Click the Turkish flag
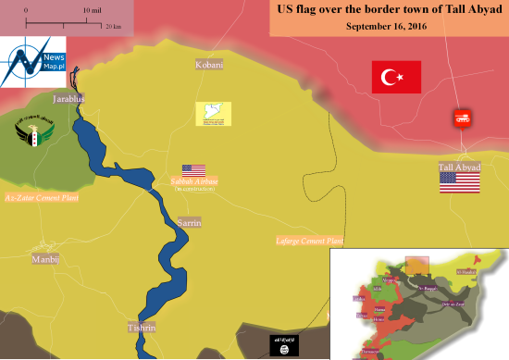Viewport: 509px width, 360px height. [x=396, y=77]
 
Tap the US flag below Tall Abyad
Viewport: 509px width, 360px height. [x=460, y=182]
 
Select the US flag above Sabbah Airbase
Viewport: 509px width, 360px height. [x=193, y=170]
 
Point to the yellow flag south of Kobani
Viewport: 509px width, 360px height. [x=213, y=114]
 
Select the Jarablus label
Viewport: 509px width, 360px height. [x=69, y=98]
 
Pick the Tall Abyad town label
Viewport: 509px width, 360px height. [x=459, y=167]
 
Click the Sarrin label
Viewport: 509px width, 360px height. [x=189, y=223]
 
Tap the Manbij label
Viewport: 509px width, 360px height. [x=45, y=259]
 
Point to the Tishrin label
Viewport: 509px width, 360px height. [x=143, y=329]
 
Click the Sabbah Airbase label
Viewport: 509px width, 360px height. [x=194, y=182]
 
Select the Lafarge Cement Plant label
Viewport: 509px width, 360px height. [x=310, y=241]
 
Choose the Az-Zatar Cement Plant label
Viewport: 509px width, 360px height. [x=42, y=198]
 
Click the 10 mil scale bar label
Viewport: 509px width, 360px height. [x=92, y=8]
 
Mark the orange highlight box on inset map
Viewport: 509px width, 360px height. [x=418, y=266]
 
